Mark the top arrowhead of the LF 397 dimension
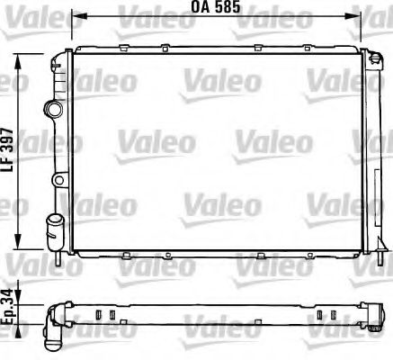[x=22, y=55]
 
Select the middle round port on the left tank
[x=58, y=181]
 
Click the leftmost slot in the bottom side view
[x=94, y=315]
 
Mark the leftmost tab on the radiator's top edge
[x=117, y=49]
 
